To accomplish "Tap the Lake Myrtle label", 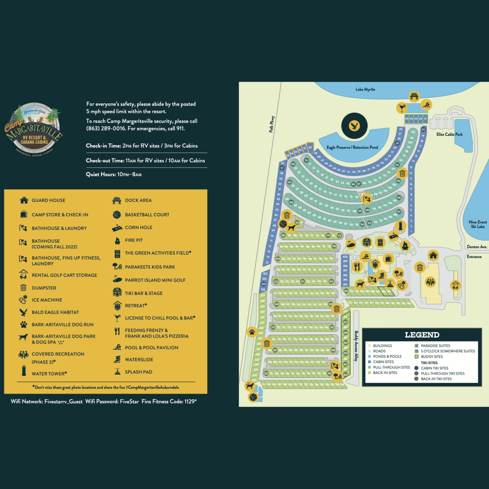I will (365, 89).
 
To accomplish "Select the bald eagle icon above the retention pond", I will (354, 126).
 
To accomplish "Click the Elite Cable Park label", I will (449, 134).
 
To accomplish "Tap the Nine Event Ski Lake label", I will (477, 224).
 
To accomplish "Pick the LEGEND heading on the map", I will (422, 335).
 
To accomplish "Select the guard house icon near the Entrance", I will (433, 255).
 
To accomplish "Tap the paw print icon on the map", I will (252, 332).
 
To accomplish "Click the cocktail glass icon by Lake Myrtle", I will (401, 108).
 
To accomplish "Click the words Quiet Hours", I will (101, 174).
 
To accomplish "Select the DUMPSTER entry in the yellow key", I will (44, 288).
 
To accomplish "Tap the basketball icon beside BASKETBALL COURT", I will (117, 215).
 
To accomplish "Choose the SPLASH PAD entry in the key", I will (138, 372).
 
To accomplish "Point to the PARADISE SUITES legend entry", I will (435, 345).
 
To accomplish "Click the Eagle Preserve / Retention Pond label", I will (352, 147).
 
